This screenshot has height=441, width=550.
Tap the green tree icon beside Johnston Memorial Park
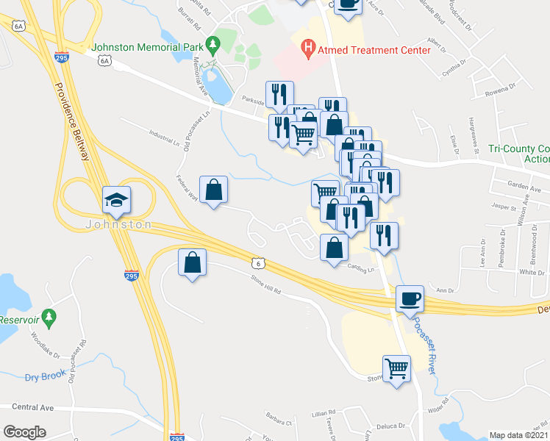pos(213,45)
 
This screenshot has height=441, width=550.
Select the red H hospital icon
pos(309,50)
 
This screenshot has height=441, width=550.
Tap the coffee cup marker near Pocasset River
pos(410,298)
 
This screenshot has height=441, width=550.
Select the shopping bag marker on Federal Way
pos(213,190)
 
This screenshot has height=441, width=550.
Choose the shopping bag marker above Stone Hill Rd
pos(192,262)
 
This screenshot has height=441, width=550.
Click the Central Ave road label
pos(34,406)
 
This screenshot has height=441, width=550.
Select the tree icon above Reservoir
pos(49,318)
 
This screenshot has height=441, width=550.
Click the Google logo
pos(25,432)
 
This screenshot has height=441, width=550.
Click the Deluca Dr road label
pos(391,426)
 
